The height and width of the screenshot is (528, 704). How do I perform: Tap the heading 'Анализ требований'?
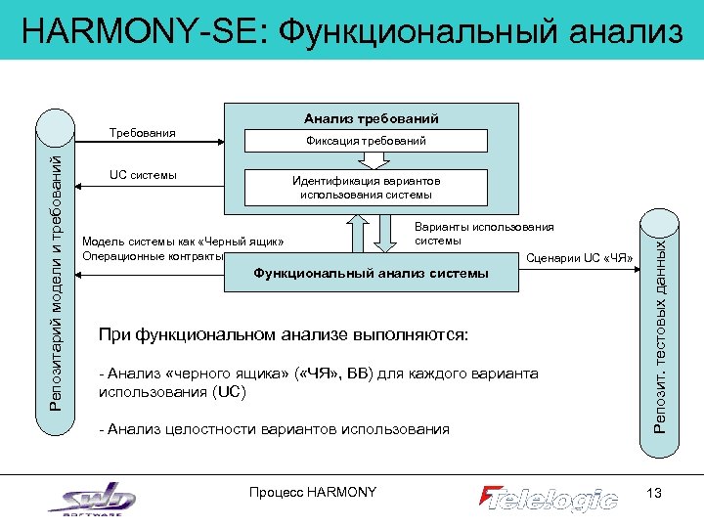(x=371, y=118)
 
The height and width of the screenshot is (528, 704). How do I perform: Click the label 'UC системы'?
(x=143, y=175)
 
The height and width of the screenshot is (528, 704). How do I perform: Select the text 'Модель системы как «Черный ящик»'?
(x=184, y=241)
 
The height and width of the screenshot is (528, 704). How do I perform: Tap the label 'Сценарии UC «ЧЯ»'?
(x=579, y=258)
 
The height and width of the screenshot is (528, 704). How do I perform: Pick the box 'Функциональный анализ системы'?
(x=371, y=273)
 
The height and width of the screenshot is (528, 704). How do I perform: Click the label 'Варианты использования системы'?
(x=483, y=234)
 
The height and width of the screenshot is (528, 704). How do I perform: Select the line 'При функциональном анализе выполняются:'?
(x=284, y=335)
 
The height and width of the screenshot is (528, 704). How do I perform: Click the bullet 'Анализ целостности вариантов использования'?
(x=274, y=429)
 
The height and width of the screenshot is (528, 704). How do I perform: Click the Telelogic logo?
(x=548, y=498)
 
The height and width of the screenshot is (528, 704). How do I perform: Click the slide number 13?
(x=654, y=492)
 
